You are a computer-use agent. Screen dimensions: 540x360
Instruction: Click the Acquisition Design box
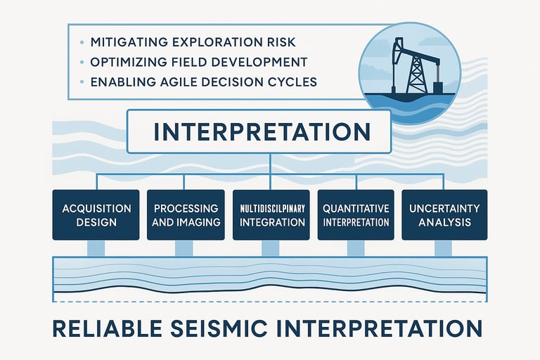[96, 214]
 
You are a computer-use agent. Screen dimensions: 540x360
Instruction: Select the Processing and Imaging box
[186, 214]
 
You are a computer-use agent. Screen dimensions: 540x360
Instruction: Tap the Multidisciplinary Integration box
[271, 214]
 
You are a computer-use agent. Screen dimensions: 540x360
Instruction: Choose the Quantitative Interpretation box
[356, 214]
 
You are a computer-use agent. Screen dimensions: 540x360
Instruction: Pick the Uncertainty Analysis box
[444, 214]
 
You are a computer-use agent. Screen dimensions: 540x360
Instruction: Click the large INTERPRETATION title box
[259, 131]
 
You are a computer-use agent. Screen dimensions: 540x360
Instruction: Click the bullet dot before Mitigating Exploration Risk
[82, 42]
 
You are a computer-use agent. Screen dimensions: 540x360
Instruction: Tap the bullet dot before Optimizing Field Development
[82, 63]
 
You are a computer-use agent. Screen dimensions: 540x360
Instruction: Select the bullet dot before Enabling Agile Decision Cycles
[82, 82]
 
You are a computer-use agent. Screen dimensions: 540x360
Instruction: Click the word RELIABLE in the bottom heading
[108, 328]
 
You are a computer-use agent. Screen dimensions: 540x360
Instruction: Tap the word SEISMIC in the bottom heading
[219, 328]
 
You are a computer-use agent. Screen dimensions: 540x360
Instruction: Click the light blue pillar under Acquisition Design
[96, 248]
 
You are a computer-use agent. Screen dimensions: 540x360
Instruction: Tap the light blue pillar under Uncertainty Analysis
[443, 248]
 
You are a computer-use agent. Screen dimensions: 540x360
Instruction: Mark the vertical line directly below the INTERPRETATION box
[270, 164]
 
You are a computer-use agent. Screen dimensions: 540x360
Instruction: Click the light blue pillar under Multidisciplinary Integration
[270, 248]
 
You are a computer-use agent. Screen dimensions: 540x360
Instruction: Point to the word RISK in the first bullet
[281, 42]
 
